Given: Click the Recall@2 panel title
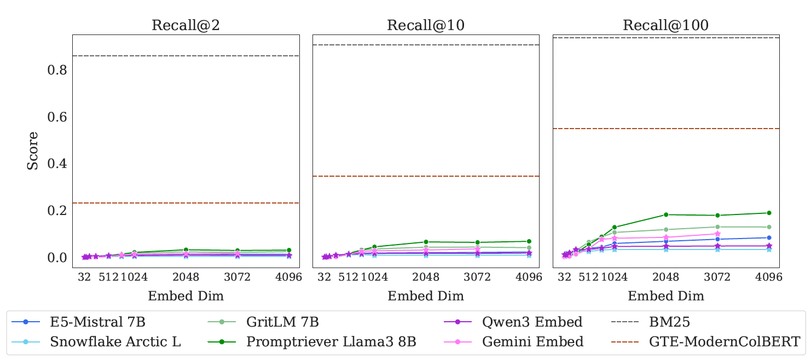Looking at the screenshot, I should coord(186,26).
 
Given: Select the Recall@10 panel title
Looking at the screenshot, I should coord(425,26).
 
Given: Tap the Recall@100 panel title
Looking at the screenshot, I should coord(665,26).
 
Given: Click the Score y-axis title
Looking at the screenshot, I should coord(33,150).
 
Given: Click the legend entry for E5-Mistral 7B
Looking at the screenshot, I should coord(97,321).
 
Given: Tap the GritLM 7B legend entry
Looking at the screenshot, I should coord(282,321).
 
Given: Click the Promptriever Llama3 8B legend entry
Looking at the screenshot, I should coord(331,342).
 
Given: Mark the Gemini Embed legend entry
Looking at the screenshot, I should coord(532,342).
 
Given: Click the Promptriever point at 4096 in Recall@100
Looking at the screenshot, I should coord(769,213).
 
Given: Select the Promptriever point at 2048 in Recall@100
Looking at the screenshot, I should coord(666,214).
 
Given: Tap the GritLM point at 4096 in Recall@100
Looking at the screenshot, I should coord(769,227).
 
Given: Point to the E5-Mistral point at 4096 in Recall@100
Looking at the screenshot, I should coord(769,237).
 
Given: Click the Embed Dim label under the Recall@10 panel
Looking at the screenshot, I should coord(426,297).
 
